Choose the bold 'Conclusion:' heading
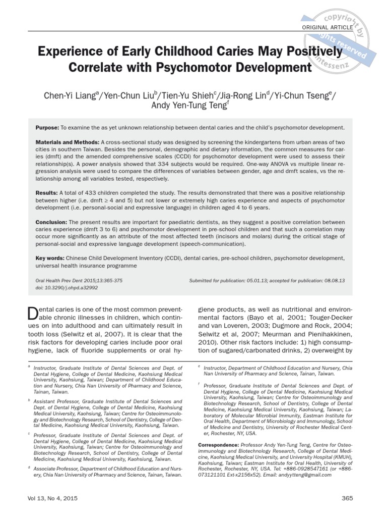tap(51, 222)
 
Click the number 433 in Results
tap(95, 193)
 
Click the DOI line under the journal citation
tap(67, 287)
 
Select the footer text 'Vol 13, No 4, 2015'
tap(53, 498)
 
